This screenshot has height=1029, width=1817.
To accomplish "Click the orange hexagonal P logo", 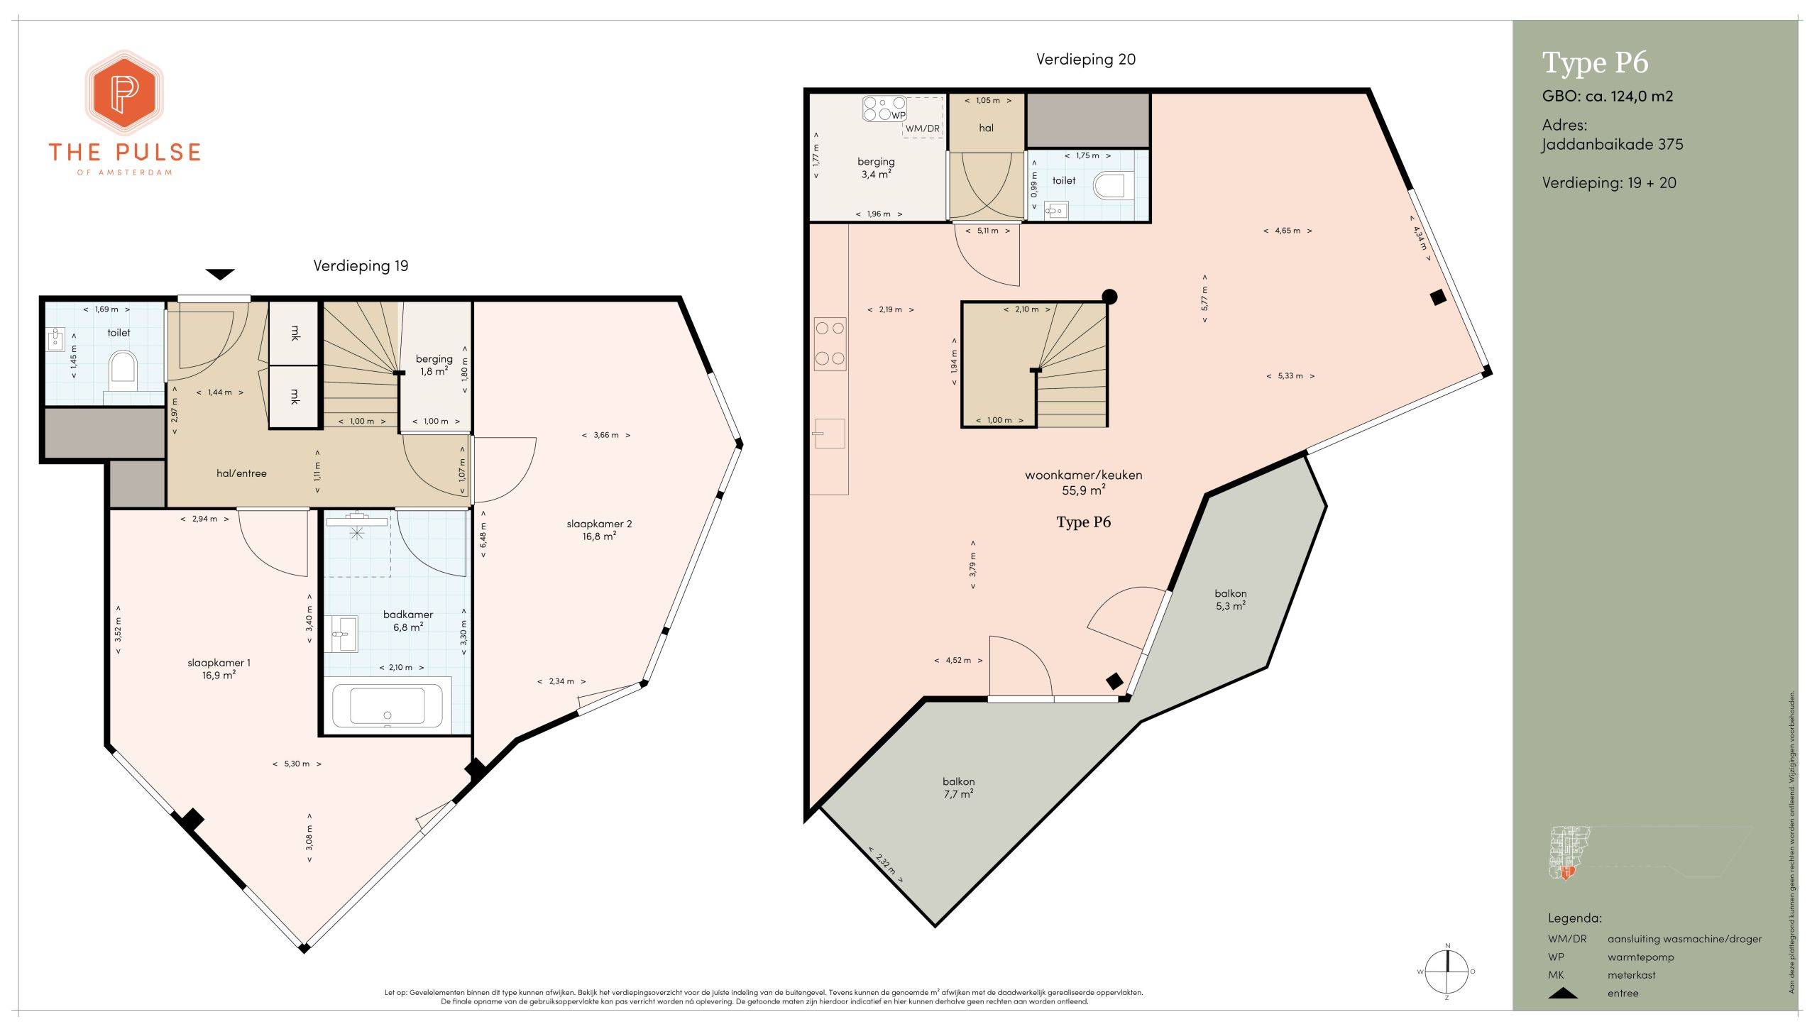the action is (x=125, y=92).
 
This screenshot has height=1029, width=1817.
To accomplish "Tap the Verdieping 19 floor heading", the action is (x=361, y=265).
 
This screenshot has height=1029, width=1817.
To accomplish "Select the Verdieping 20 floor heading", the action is (x=1085, y=59).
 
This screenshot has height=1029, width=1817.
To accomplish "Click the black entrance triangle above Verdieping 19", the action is (x=220, y=274).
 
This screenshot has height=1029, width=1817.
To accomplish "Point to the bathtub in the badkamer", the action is (x=388, y=705).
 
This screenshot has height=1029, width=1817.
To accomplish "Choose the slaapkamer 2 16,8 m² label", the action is (x=599, y=529).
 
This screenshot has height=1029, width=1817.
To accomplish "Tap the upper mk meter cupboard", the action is (x=295, y=333).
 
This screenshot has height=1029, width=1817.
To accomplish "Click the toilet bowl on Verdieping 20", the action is (x=1110, y=186).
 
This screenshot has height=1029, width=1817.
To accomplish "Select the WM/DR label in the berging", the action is (x=922, y=128).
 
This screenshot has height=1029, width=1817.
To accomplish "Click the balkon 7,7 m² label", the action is (x=958, y=788).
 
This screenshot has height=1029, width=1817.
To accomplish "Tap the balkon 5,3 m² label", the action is (x=1231, y=600).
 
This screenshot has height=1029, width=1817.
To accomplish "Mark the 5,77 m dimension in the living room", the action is (x=1204, y=299).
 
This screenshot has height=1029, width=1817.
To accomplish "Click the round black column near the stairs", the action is (x=1109, y=297).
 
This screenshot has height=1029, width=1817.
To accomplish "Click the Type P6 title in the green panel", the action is (x=1596, y=63).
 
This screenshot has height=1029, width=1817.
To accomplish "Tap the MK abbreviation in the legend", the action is (x=1556, y=975).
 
